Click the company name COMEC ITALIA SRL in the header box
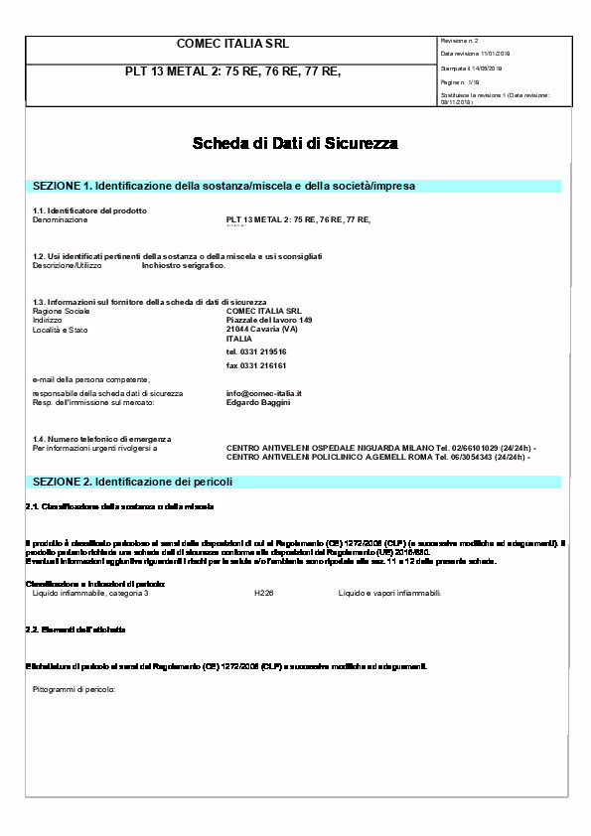[x=231, y=45]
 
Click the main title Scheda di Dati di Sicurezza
[x=295, y=144]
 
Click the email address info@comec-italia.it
[x=263, y=393]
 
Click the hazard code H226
[x=263, y=593]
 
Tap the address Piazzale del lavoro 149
[x=269, y=320]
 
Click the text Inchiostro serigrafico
[x=184, y=265]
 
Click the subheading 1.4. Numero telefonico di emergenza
[x=102, y=438]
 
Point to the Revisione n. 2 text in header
[x=460, y=41]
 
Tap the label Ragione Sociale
[x=62, y=311]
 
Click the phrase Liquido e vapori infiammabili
[x=389, y=593]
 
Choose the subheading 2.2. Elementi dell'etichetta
[x=75, y=630]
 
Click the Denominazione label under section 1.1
[x=61, y=218]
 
